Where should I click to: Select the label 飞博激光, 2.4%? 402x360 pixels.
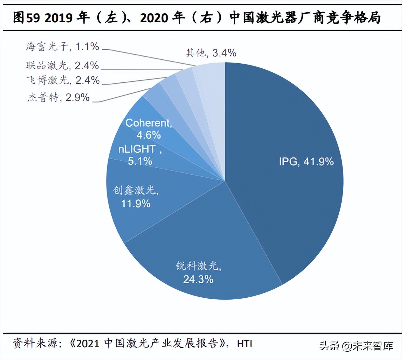tap(63, 80)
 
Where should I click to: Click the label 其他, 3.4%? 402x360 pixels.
tap(211, 53)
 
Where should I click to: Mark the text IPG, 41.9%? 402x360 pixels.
tap(306, 162)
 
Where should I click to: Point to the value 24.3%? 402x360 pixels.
tap(198, 279)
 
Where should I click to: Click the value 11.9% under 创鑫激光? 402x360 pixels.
tap(136, 204)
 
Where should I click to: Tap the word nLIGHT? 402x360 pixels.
tap(137, 149)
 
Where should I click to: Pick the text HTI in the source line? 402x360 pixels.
tap(244, 343)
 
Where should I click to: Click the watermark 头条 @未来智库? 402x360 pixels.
tap(356, 346)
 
